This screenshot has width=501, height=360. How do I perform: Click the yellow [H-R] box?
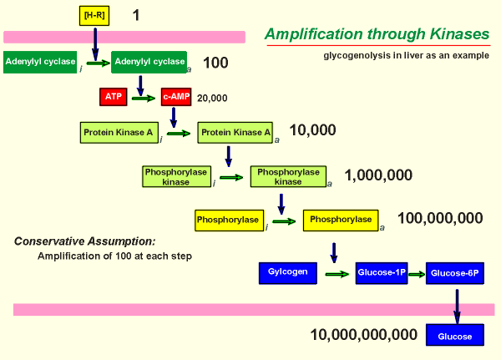94,15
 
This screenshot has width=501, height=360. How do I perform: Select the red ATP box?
113,97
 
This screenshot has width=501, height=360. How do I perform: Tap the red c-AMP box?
176,97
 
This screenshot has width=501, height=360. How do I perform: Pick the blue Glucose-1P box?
381,272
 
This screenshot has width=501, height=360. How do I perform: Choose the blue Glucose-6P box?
455,272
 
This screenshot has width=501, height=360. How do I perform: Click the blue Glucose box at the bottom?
455,337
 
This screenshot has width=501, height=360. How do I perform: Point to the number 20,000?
212,98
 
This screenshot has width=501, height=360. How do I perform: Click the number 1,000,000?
378,175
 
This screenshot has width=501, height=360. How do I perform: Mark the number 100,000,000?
440,219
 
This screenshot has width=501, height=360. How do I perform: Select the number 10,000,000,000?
363,335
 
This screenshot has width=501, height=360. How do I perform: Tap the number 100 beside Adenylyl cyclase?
215,63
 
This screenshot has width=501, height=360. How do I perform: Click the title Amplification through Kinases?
377,34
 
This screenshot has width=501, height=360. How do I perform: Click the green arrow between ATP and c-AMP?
144,98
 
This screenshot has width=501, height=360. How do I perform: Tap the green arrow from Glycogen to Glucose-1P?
335,273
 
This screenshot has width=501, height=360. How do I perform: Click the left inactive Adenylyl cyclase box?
40,62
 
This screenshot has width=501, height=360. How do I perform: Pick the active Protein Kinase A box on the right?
235,132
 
